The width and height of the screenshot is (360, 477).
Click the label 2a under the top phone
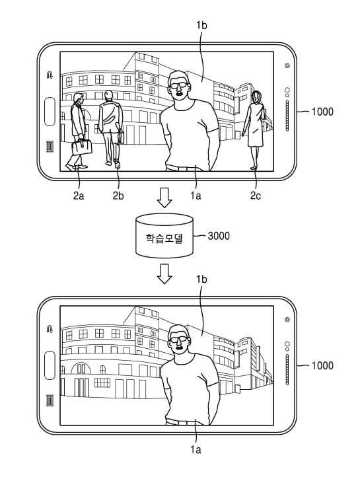pos(79,196)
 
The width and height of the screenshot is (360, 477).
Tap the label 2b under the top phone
pos(118,196)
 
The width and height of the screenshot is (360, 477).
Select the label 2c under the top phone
pos(256,196)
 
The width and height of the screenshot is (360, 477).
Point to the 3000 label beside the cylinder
pos(219,236)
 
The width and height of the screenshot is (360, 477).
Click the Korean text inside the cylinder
pos(164,238)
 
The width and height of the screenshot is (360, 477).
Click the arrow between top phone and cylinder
pos(164,198)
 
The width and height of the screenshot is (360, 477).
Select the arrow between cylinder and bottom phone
pos(164,274)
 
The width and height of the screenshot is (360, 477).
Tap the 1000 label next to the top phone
pos(322,112)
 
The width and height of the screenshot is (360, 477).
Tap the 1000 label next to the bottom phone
pos(322,365)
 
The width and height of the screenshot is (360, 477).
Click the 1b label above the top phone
pos(201,25)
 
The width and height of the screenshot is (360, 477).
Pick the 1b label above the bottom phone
pos(201,279)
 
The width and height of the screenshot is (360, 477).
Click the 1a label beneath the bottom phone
pos(196,450)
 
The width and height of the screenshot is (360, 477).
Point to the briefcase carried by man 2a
pos(82,147)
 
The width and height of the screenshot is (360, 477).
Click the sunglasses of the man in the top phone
pos(178,85)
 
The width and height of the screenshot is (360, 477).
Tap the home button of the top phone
pos(50,112)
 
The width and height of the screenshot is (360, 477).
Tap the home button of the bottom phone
pos(50,365)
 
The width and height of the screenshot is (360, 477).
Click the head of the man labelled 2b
pos(108,96)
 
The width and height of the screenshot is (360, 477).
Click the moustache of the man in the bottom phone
pos(180,347)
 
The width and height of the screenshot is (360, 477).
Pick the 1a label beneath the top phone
pos(196,196)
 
